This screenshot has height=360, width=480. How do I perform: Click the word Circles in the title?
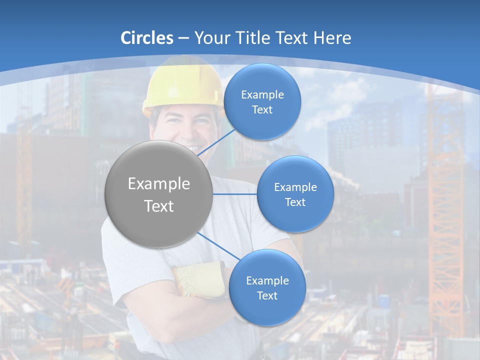pyautogui.click(x=147, y=38)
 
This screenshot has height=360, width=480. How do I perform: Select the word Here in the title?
pyautogui.click(x=332, y=38)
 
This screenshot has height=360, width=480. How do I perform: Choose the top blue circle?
pyautogui.click(x=262, y=102)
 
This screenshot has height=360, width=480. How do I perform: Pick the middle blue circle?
pyautogui.click(x=295, y=194)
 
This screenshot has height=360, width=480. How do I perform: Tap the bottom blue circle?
pyautogui.click(x=267, y=288)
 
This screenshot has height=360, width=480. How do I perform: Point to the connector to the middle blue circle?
pyautogui.click(x=235, y=194)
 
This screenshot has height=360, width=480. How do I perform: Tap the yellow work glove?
pyautogui.click(x=200, y=280)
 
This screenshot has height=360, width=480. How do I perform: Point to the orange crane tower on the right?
pyautogui.click(x=445, y=210)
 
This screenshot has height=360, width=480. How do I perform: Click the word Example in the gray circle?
pyautogui.click(x=159, y=184)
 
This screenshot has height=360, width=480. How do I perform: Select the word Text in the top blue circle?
pyautogui.click(x=262, y=110)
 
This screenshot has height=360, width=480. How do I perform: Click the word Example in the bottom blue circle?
pyautogui.click(x=267, y=281)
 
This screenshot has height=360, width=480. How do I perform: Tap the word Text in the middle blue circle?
pyautogui.click(x=295, y=202)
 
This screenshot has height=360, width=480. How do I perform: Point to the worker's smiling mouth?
pyautogui.click(x=192, y=148)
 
